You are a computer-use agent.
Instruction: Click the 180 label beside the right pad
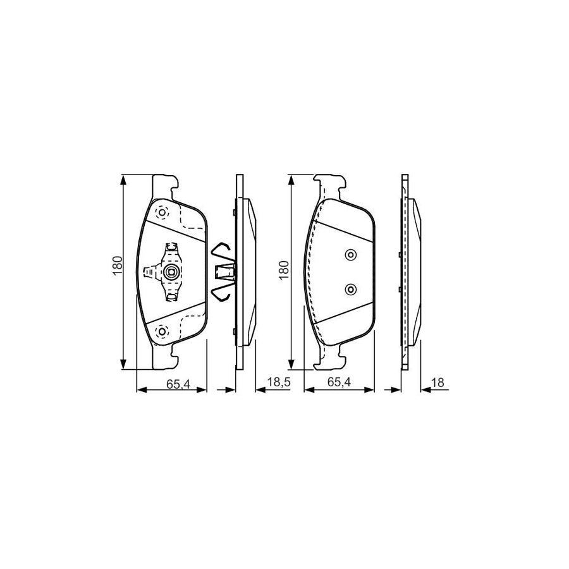click(283, 270)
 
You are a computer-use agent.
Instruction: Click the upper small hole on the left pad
click(161, 213)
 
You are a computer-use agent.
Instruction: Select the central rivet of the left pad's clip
click(170, 272)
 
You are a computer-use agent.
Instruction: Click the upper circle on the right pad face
click(350, 255)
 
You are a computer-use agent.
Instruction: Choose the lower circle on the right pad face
click(350, 290)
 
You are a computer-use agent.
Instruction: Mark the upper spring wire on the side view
click(221, 250)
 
